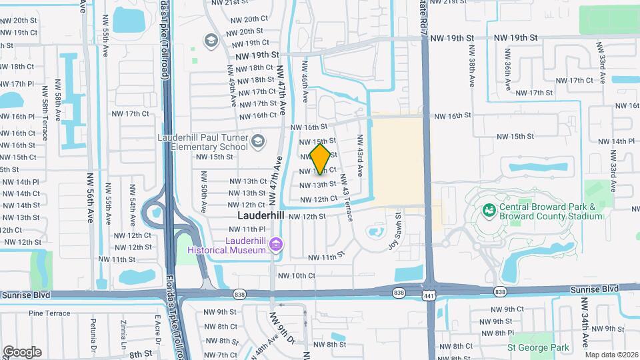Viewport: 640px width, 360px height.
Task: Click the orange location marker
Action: click(321, 158)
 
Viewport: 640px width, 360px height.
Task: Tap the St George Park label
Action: click(538, 347)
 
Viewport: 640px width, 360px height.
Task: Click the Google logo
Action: click(22, 351)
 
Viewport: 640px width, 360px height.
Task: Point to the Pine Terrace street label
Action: click(49, 313)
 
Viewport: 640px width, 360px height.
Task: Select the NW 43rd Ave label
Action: click(359, 156)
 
